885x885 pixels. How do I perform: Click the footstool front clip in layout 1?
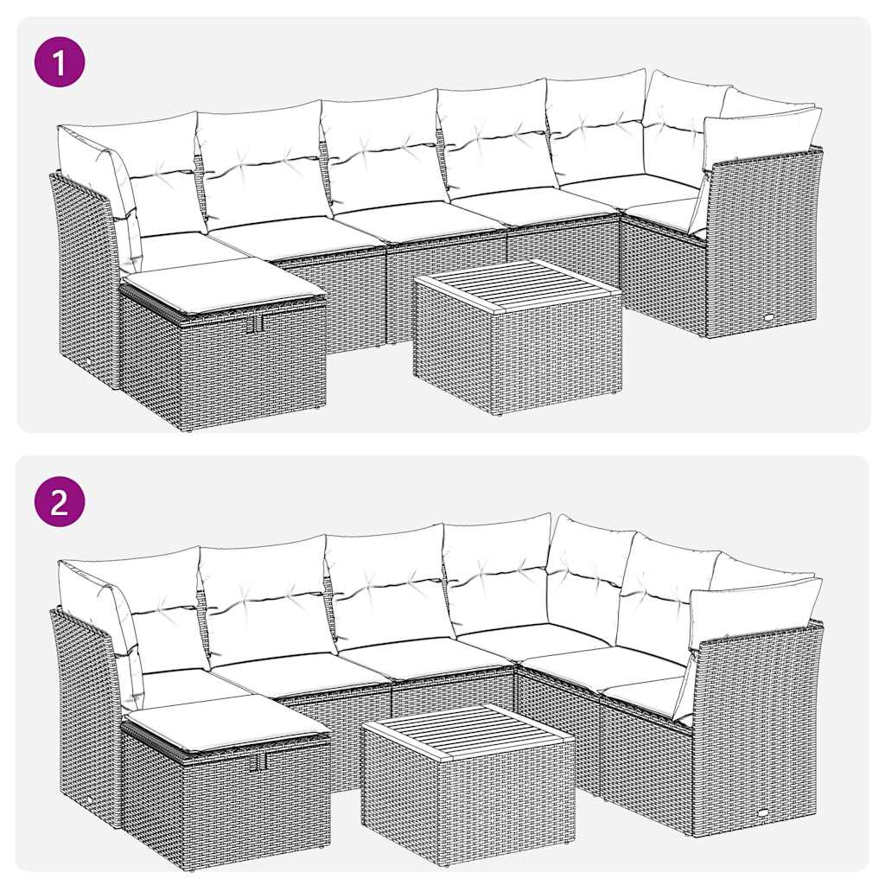tap(253, 323)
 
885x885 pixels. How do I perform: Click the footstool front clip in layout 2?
tap(258, 761)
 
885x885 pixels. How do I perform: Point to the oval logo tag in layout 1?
tap(768, 317)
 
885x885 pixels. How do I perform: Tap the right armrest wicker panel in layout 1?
tap(761, 242)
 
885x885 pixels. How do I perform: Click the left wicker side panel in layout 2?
tap(84, 713)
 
